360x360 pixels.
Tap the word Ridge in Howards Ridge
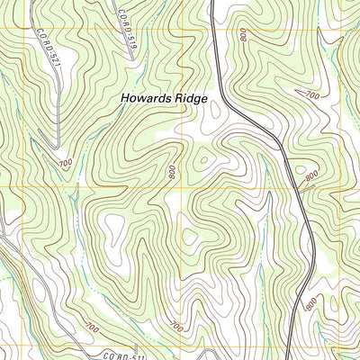point(195,97)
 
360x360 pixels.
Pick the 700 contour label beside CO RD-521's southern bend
point(65,163)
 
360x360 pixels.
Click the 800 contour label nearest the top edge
point(243,34)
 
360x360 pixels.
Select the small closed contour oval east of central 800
point(202,161)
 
